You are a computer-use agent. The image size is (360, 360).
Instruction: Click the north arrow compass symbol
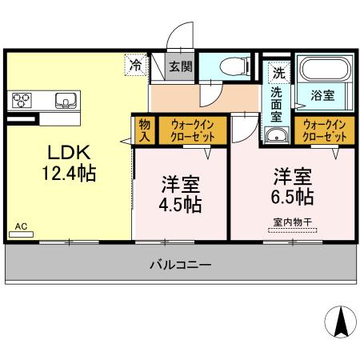[x=342, y=322]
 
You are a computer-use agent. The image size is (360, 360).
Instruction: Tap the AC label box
[x=22, y=228]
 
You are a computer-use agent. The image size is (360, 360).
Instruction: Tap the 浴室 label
[x=322, y=95]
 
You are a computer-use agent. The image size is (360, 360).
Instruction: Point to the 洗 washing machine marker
[x=278, y=71]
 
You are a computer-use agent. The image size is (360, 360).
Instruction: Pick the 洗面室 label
[x=276, y=104]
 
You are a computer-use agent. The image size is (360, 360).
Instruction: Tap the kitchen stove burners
[x=22, y=100]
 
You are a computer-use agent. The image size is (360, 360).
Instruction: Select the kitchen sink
[x=65, y=100]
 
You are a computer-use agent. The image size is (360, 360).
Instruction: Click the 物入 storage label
[x=144, y=130]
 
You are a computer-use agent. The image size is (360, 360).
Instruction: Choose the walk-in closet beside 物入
[x=192, y=130]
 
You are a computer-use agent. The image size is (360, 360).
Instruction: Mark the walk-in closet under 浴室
[x=324, y=130]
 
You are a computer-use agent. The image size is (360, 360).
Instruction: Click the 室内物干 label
[x=292, y=225]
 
